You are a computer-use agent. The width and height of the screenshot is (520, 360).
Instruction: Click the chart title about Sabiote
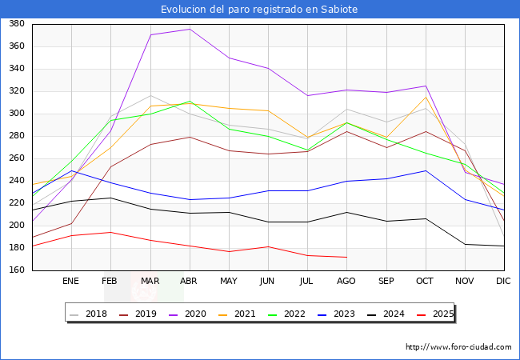pos(259,9)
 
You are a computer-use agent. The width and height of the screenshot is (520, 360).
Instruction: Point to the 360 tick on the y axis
pos(16,46)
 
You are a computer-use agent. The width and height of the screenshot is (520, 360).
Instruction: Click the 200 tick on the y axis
pos(16,226)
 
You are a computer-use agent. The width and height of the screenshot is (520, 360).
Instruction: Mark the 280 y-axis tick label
pos(16,136)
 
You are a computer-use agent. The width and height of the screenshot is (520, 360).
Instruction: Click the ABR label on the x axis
pos(189,282)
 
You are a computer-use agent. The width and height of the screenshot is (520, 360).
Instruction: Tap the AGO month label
pos(346,282)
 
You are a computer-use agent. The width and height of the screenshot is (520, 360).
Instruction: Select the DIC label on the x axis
pos(503,282)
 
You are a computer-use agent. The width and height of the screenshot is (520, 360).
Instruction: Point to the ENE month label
pos(71,282)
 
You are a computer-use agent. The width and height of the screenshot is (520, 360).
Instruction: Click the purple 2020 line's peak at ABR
pos(189,30)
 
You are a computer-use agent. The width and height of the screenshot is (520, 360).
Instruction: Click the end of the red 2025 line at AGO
pos(346,257)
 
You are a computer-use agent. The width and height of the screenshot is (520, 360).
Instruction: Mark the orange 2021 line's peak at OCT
pos(425,98)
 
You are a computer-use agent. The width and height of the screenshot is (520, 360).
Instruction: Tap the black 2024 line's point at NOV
pos(464,244)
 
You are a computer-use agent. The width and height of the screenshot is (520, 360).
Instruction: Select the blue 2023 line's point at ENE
pos(71,170)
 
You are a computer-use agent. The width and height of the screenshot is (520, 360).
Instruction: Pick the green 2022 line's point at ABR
pos(189,102)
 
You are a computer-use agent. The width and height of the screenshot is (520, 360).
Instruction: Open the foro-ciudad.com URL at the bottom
pos(458,347)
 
